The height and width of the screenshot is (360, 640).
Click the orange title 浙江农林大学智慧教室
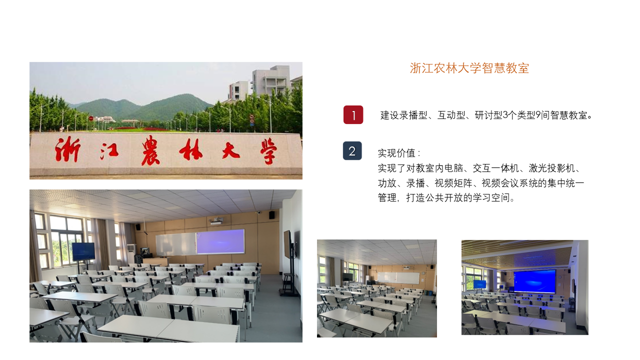469,68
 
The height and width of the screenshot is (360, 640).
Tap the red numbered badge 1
353,115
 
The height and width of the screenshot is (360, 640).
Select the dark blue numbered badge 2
352,151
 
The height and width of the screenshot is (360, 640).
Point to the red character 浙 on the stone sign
67,149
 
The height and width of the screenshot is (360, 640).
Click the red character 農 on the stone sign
150,150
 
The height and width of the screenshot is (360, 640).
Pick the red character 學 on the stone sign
268,151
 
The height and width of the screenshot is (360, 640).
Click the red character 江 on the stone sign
109,151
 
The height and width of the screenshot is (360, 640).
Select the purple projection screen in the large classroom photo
220,241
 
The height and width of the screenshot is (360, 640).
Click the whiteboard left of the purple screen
175,244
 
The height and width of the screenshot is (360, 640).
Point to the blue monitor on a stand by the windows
83,251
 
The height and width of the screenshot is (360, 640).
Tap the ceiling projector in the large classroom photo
216,220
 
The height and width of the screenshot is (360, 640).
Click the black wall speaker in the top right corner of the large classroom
272,215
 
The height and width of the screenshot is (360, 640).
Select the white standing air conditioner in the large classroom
131,253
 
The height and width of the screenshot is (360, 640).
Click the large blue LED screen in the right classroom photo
535,281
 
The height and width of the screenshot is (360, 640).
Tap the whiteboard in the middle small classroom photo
398,278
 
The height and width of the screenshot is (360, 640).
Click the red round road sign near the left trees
91,118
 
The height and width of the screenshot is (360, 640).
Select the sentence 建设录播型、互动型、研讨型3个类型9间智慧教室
486,115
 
